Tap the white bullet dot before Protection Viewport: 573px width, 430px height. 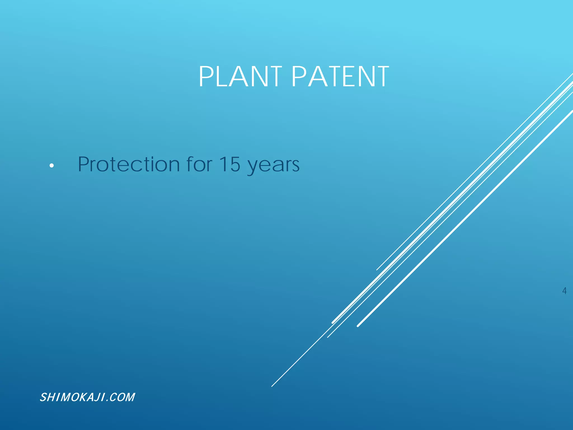coord(51,166)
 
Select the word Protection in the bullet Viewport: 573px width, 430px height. coord(129,164)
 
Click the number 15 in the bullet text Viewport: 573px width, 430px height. coord(229,164)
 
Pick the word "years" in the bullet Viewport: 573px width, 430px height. coord(273,166)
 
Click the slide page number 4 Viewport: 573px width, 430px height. coord(564,291)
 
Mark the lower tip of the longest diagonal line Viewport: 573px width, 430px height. coord(272,386)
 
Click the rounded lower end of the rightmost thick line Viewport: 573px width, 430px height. coord(358,326)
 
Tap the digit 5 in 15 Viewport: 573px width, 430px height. coord(235,164)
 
